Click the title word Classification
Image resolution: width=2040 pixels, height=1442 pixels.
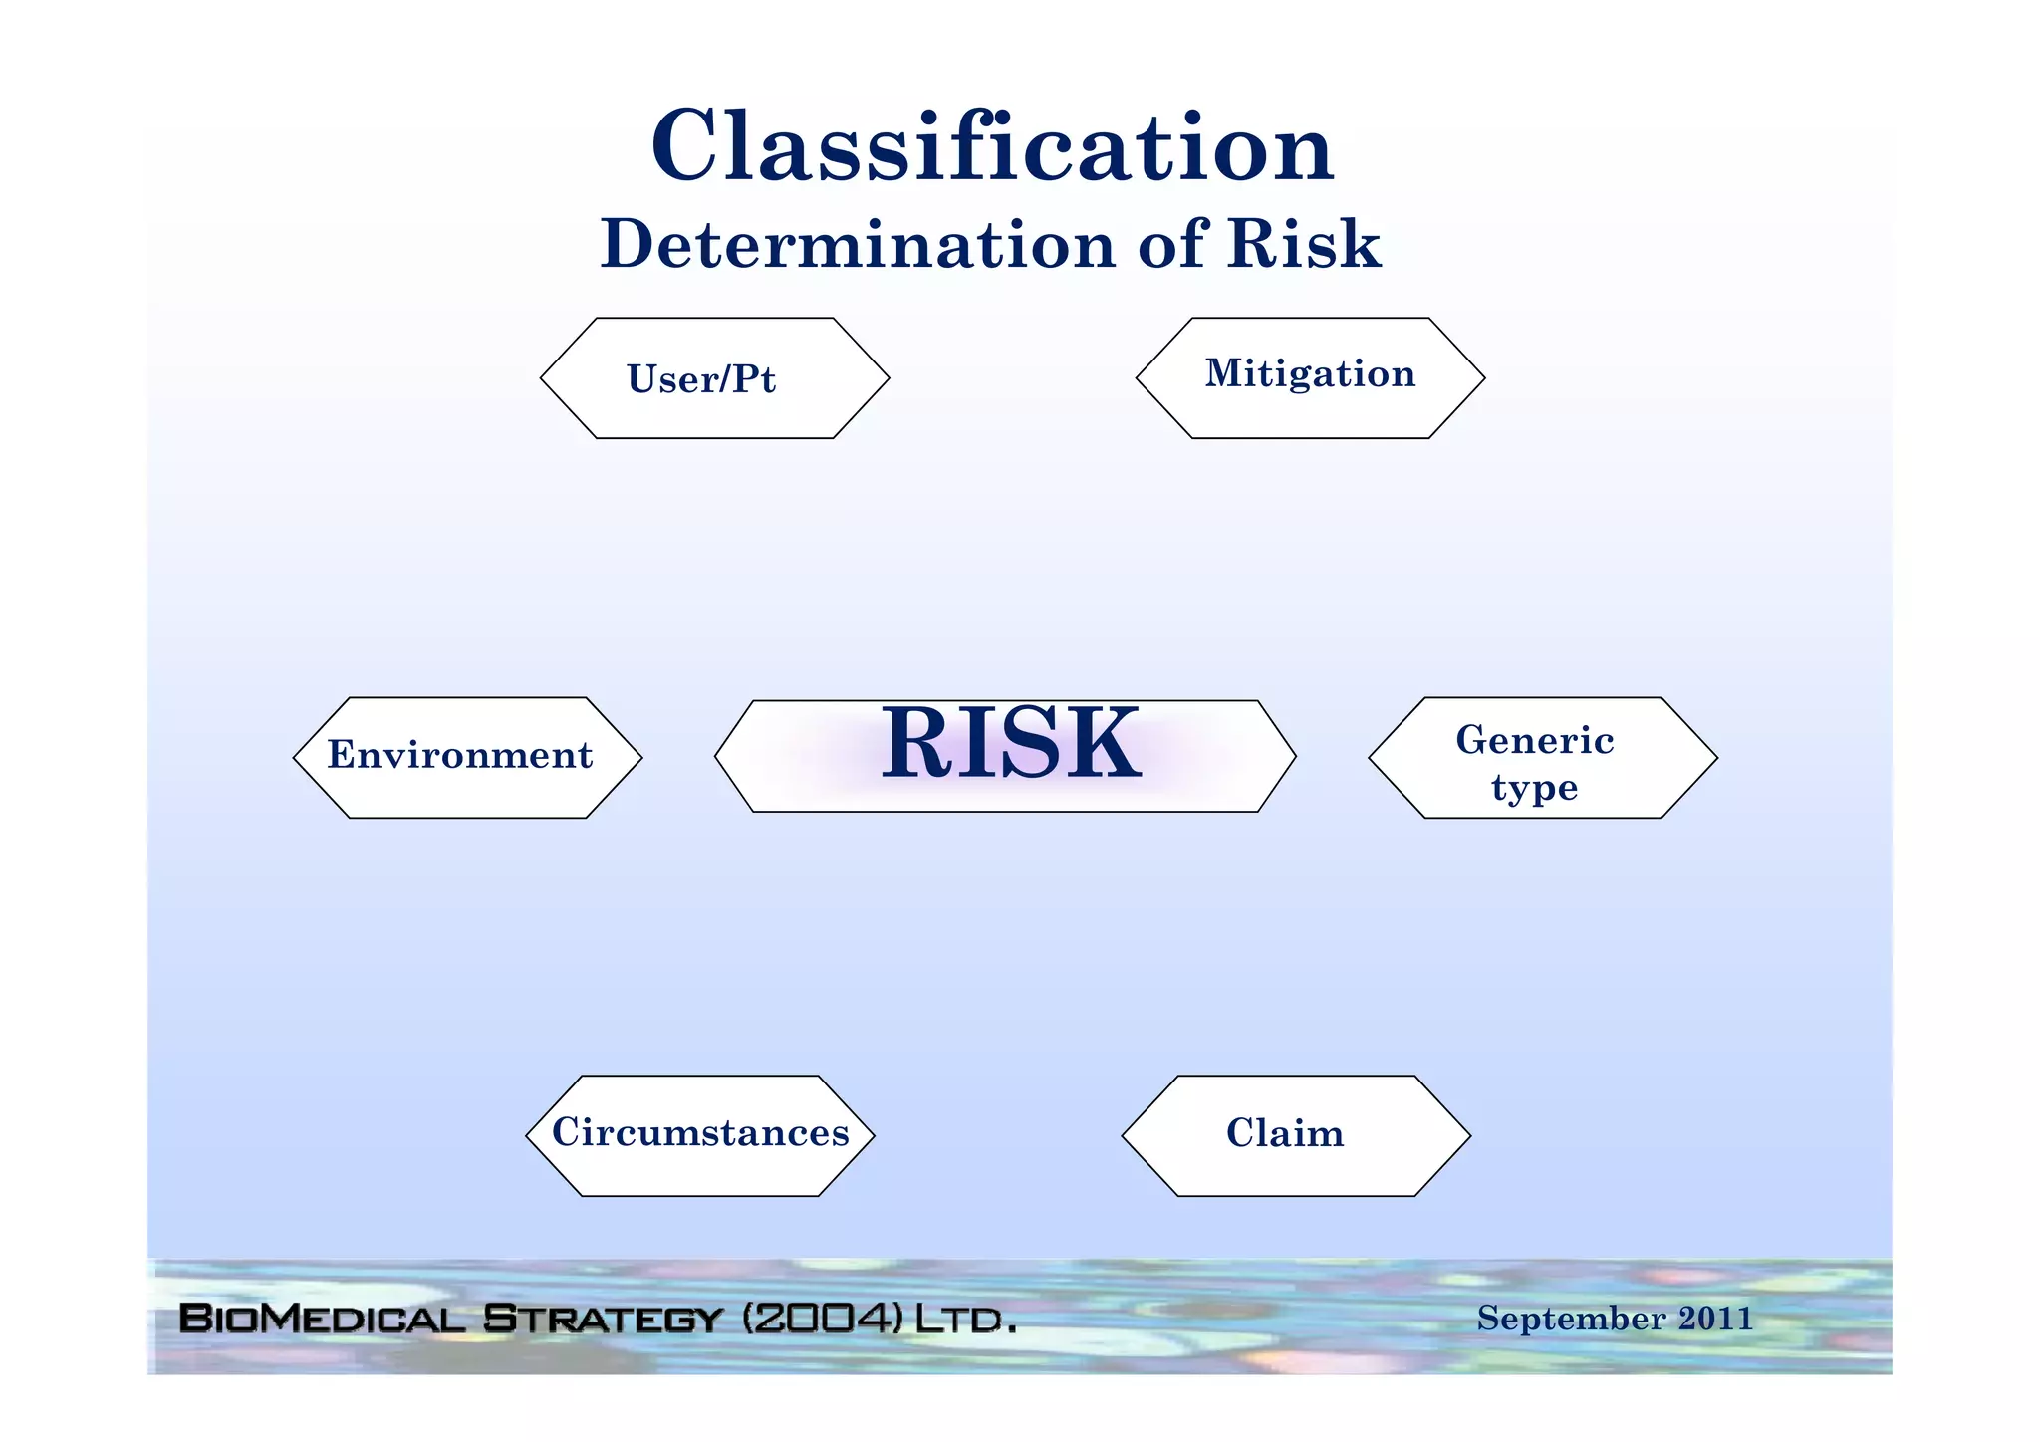pos(992,147)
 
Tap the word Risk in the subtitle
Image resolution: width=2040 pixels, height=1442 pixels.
pos(1303,244)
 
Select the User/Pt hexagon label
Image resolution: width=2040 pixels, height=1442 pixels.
pos(701,379)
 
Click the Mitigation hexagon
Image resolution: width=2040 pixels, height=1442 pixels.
pos(1310,374)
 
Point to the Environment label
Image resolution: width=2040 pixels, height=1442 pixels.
pos(460,755)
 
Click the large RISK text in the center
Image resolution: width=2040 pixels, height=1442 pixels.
pos(1010,744)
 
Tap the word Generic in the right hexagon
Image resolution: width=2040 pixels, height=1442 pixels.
pos(1534,740)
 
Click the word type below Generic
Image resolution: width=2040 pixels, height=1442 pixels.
pos(1534,788)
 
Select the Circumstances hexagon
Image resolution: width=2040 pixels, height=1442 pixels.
pos(700,1133)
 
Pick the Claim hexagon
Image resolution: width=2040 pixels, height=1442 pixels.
pos(1285,1134)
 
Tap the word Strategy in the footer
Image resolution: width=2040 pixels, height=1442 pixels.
pos(602,1319)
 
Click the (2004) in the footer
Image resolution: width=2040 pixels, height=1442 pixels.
pos(823,1319)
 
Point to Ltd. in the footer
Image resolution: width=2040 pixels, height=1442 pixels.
pos(964,1320)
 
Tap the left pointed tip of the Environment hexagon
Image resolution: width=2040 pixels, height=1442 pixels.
pos(296,758)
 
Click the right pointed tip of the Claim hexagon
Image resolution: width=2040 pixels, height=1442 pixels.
pos(1468,1135)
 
